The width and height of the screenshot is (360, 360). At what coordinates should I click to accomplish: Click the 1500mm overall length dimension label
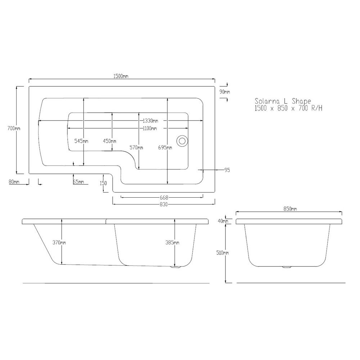point(121,76)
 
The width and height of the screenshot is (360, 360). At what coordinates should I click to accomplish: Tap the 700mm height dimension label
point(14,129)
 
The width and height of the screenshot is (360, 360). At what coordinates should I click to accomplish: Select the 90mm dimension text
point(225,92)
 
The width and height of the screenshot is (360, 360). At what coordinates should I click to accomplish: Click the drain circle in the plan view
point(182,140)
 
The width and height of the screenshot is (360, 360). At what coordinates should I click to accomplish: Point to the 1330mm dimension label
point(150,121)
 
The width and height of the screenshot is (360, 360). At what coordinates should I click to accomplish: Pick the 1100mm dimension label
point(150,129)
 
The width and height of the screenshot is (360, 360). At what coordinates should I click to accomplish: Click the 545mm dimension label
point(81,141)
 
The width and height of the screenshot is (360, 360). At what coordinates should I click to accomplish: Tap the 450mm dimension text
point(109,141)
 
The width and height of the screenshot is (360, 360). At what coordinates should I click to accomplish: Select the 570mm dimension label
point(136,148)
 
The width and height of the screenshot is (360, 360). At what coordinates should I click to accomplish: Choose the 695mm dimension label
point(165,148)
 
